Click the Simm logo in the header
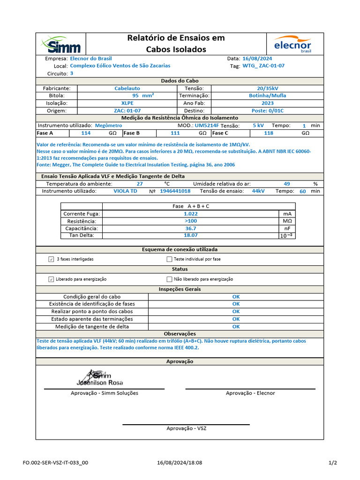point(61,44)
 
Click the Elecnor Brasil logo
point(293,44)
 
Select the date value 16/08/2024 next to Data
point(257,59)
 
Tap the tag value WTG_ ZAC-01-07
point(263,66)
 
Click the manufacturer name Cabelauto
point(127,88)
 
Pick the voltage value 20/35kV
point(268,88)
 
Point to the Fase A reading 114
point(86,133)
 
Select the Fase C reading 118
point(269,133)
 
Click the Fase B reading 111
point(175,133)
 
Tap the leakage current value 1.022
point(190,214)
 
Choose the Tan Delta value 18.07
point(190,235)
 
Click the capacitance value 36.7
point(190,228)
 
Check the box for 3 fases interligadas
point(51,259)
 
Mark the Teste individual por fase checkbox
point(169,259)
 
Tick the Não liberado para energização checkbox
point(169,279)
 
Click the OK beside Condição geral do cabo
point(236,297)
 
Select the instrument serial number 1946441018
point(175,191)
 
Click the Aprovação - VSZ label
point(186,428)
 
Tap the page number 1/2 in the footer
point(332,463)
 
